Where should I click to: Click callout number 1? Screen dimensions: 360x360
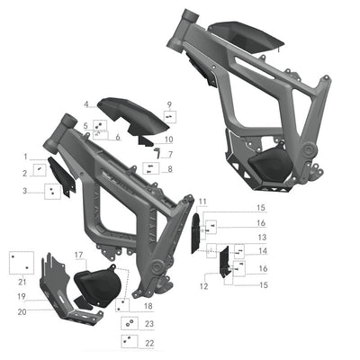[26, 157]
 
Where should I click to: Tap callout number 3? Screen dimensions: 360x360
[26, 191]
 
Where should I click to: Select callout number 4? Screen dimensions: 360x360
[85, 105]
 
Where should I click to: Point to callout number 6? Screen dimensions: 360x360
[117, 136]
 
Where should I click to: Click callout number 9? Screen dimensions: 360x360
[168, 105]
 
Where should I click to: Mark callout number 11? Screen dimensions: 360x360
[203, 201]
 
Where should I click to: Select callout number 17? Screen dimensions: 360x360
[78, 255]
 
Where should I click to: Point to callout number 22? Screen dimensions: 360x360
[149, 343]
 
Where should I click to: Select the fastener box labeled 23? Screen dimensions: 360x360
[129, 323]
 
